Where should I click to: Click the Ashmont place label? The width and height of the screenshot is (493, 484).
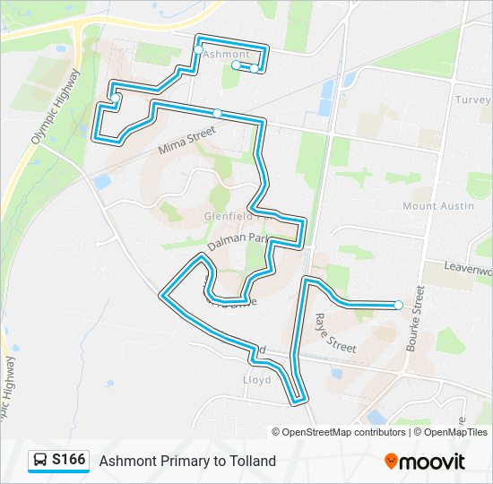click(226, 55)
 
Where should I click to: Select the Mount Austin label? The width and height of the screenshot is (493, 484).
click(437, 206)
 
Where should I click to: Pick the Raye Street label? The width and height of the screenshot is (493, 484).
click(335, 331)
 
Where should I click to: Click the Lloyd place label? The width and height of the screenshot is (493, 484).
click(256, 380)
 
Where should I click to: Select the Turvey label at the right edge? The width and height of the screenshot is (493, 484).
click(472, 100)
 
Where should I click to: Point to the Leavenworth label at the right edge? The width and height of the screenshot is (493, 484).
click(470, 270)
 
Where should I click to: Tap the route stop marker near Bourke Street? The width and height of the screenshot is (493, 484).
click(398, 305)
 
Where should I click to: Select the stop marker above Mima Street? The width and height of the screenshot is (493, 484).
click(217, 113)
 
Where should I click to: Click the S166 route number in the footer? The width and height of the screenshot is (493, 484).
click(69, 461)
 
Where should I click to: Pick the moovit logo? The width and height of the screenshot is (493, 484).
click(425, 462)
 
